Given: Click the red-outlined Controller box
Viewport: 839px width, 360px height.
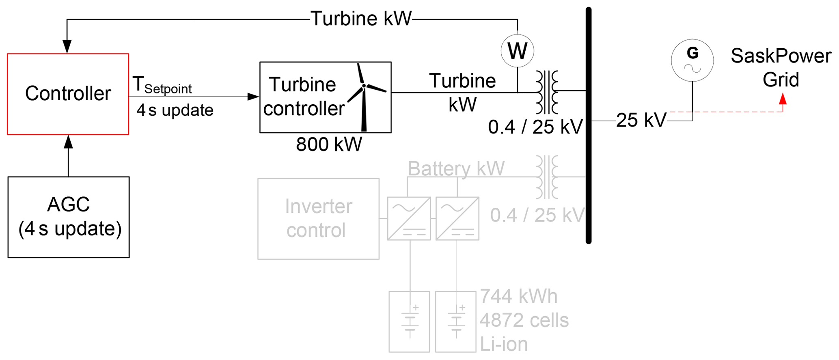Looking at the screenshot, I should (x=68, y=94).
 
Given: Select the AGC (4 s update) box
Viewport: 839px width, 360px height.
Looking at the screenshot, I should (x=69, y=217).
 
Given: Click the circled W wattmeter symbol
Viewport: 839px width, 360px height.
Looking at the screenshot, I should (x=517, y=51).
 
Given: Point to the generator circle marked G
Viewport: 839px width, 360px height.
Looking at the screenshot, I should (x=692, y=60).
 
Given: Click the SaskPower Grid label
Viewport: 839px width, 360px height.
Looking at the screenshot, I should (x=781, y=68).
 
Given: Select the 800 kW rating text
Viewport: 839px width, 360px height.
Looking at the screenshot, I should (x=329, y=144).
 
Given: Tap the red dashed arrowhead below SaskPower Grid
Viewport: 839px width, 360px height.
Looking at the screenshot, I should (x=783, y=99).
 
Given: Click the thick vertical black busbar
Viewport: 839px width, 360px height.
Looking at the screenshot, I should (x=589, y=126).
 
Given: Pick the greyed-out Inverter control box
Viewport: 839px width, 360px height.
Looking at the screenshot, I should (x=318, y=219).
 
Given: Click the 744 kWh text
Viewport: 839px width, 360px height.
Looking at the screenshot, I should (x=518, y=297).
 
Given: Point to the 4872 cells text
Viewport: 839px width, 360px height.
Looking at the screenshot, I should (x=524, y=320).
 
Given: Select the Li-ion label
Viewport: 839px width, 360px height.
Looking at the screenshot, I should (x=504, y=344).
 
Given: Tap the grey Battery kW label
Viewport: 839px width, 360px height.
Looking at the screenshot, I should (x=456, y=168).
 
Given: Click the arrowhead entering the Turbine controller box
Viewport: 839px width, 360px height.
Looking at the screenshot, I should (x=253, y=97).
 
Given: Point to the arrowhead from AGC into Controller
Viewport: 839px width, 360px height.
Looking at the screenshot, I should (x=68, y=142).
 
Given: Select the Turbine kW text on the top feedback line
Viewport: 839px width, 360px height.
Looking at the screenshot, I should (x=361, y=19).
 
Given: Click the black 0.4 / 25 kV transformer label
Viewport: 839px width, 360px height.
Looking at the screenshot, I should (x=535, y=127).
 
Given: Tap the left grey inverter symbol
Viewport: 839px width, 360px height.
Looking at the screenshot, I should (x=409, y=218).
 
